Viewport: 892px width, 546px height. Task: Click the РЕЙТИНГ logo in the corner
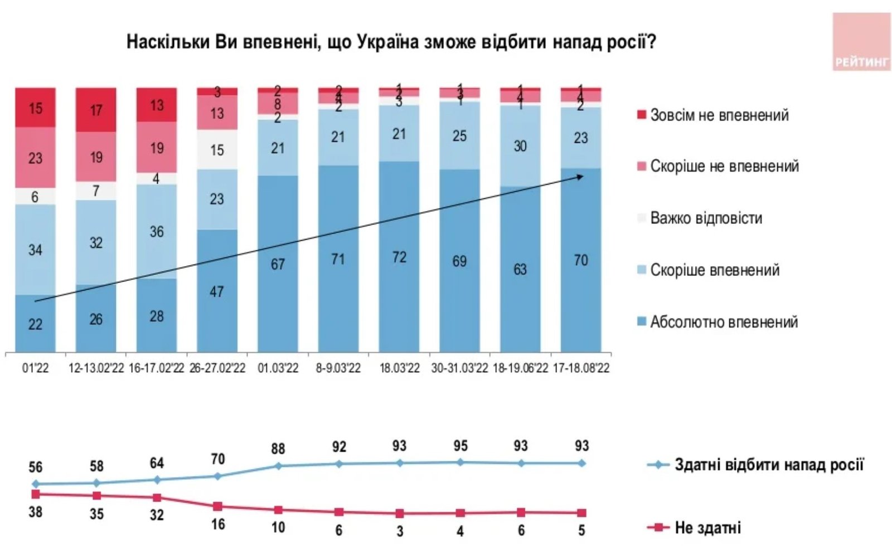point(861,42)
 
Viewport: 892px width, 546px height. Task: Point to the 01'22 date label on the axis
point(35,368)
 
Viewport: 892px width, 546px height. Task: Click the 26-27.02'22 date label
point(217,368)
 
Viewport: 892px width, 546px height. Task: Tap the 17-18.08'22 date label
point(580,368)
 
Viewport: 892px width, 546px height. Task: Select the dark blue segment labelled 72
point(399,257)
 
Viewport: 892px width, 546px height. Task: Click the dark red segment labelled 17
point(96,110)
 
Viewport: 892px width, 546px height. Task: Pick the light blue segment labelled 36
point(157,231)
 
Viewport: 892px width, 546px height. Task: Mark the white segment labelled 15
point(217,150)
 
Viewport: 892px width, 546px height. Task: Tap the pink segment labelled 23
point(35,158)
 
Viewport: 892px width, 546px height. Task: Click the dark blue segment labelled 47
point(217,291)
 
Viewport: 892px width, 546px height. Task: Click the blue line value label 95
point(460,446)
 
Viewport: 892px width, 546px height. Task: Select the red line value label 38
point(35,511)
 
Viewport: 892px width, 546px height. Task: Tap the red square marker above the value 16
point(217,506)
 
